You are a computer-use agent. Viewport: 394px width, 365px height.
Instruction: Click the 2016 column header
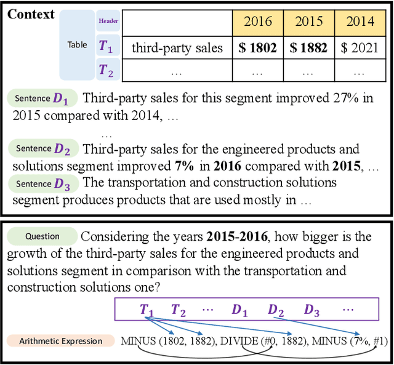click(258, 22)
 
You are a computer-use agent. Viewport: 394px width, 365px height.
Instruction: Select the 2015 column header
click(309, 22)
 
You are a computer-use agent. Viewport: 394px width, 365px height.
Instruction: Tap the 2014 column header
click(360, 22)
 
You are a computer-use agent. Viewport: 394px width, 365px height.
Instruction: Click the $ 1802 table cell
click(258, 47)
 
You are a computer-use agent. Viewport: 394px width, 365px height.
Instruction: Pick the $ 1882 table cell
click(309, 47)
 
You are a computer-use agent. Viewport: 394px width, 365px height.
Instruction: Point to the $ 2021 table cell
click(360, 47)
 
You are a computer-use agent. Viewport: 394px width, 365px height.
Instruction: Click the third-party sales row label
click(177, 47)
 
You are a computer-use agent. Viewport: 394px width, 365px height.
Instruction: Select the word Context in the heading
click(31, 14)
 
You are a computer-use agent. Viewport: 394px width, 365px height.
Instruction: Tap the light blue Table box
click(78, 44)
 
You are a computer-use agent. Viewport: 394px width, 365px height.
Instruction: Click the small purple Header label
click(108, 21)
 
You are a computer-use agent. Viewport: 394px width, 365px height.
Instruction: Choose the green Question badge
click(42, 236)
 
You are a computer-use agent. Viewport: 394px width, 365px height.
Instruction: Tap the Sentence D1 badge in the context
click(42, 98)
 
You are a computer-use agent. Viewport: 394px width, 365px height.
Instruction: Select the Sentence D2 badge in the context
click(42, 148)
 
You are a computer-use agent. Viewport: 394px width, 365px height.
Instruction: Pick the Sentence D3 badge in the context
click(42, 183)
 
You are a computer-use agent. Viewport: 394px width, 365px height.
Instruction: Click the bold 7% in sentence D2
click(184, 166)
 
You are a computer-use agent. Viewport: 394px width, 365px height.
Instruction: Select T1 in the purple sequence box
click(146, 310)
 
